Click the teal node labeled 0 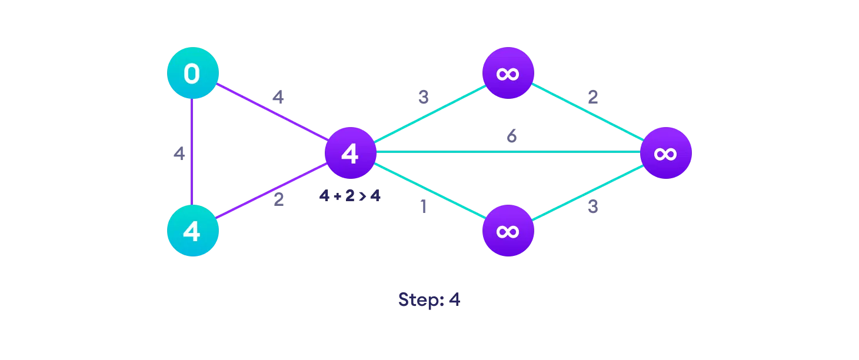point(192,74)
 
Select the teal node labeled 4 point(192,231)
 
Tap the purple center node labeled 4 point(350,153)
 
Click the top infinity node point(508,74)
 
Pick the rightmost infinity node point(665,153)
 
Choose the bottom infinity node point(508,231)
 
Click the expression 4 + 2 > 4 point(349,196)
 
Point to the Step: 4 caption point(429,300)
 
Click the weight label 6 point(512,136)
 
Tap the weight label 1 point(422,208)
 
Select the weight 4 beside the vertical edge point(179,154)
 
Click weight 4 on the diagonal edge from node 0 point(278,97)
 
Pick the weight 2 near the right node point(592,97)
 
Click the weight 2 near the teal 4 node point(278,200)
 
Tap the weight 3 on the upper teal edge point(423,98)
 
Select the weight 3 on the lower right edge point(592,207)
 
